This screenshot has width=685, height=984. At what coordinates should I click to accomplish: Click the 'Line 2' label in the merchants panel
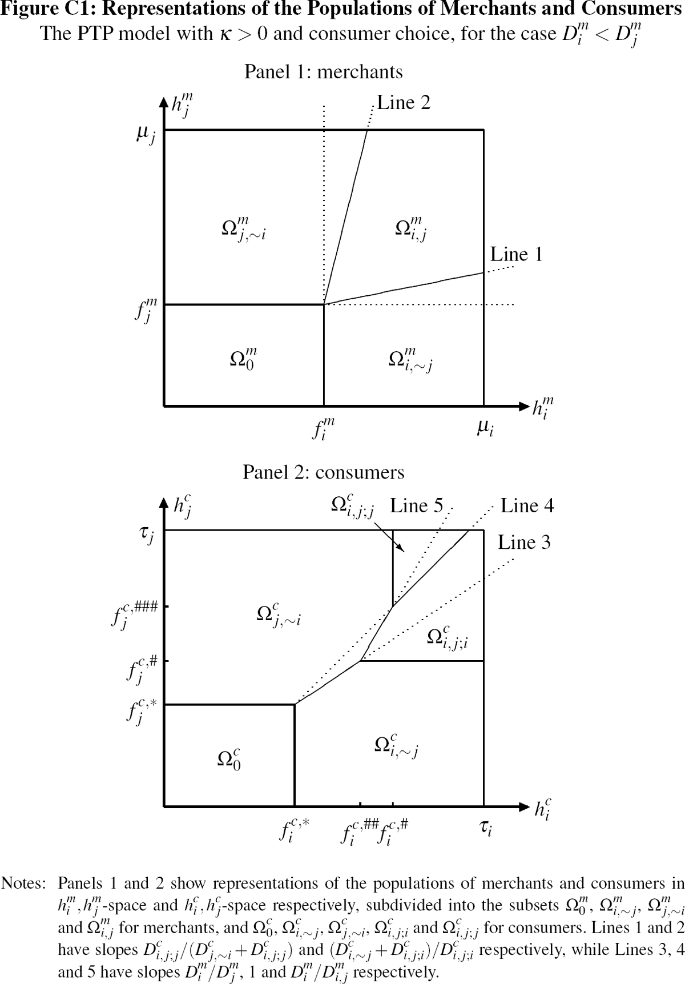(x=404, y=103)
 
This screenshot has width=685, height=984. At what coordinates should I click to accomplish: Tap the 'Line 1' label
(x=516, y=254)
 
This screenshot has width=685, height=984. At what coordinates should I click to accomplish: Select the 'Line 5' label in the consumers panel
(x=416, y=506)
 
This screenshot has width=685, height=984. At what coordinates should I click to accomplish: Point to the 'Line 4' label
(x=527, y=506)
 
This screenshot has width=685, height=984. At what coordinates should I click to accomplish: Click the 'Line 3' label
(x=524, y=542)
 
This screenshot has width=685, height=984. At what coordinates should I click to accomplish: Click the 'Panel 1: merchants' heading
(x=323, y=72)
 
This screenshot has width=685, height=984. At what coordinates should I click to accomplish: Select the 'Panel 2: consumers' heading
(x=323, y=472)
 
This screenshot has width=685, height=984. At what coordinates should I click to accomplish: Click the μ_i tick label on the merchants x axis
(x=485, y=428)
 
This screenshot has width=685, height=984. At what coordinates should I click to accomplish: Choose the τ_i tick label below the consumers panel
(x=485, y=828)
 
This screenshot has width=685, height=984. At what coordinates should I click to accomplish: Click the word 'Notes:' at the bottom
(x=23, y=883)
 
